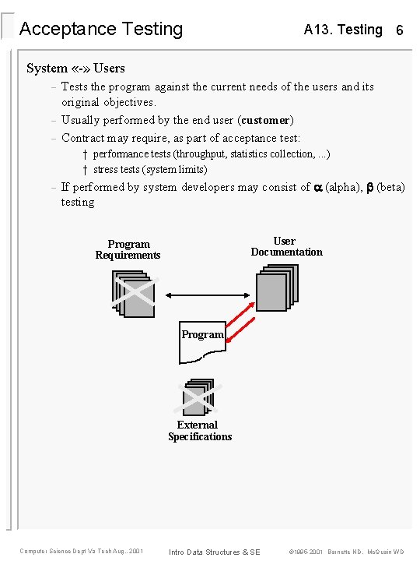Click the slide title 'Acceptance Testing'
pyautogui.click(x=101, y=30)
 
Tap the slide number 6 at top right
pyautogui.click(x=399, y=30)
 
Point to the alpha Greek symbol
pyautogui.click(x=317, y=187)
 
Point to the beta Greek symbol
pyautogui.click(x=370, y=187)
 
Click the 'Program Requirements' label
pyautogui.click(x=128, y=249)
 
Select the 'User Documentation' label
pyautogui.click(x=286, y=246)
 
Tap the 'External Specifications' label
pyautogui.click(x=200, y=431)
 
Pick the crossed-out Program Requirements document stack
pyautogui.click(x=134, y=294)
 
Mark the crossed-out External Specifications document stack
pyautogui.click(x=198, y=397)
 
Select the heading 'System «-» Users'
pyautogui.click(x=75, y=68)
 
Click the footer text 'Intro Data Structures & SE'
pyautogui.click(x=215, y=552)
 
